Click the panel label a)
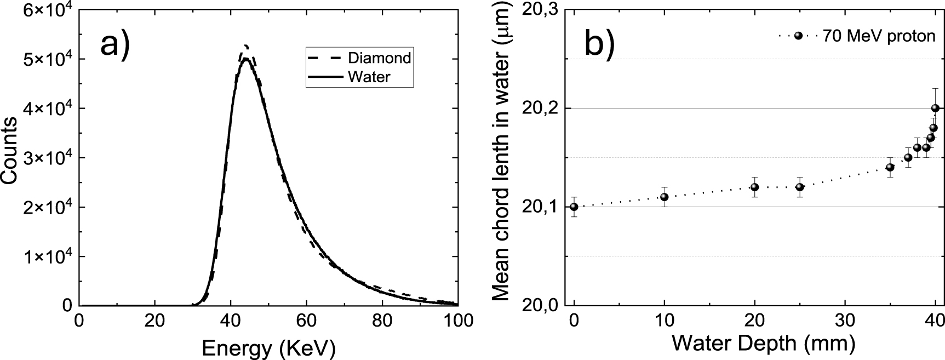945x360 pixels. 115,43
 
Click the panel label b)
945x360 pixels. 600,43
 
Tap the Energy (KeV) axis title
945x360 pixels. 268,348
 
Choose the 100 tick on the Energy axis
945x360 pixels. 457,320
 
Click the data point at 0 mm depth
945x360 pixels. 574,207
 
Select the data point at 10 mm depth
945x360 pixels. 664,197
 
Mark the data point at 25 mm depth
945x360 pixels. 799,187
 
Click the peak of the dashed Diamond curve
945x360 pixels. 246,45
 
